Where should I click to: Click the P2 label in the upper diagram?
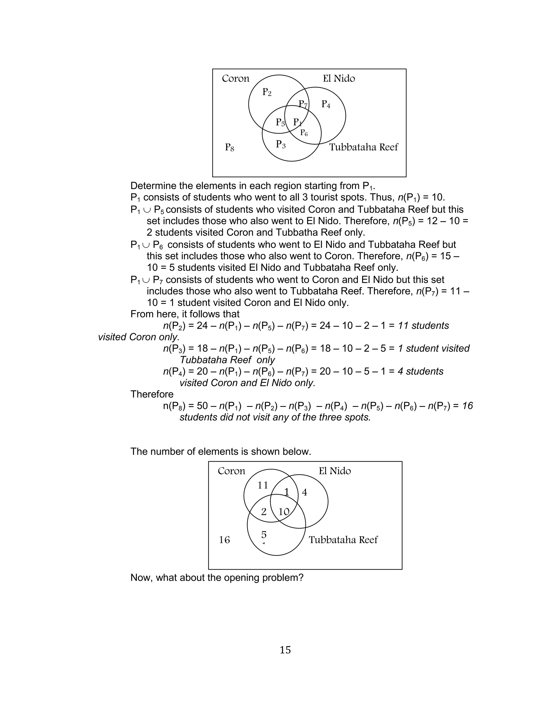coord(267,92)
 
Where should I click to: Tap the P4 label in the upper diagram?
coord(326,104)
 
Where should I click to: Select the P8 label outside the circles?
coord(229,148)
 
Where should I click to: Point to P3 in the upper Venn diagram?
coord(281,144)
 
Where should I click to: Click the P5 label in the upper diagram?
coord(280,123)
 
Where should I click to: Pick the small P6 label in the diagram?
coord(304,133)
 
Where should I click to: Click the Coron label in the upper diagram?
coord(235,79)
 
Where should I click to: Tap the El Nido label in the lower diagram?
coord(335,471)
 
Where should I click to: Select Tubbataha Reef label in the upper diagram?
coord(364,147)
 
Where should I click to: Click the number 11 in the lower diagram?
coord(263,486)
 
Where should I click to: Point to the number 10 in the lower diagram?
coord(284,512)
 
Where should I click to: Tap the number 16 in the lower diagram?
coord(224,540)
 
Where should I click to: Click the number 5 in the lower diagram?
coord(264,534)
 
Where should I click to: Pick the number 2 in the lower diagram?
coord(263,512)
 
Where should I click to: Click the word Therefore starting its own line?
coord(152,394)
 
